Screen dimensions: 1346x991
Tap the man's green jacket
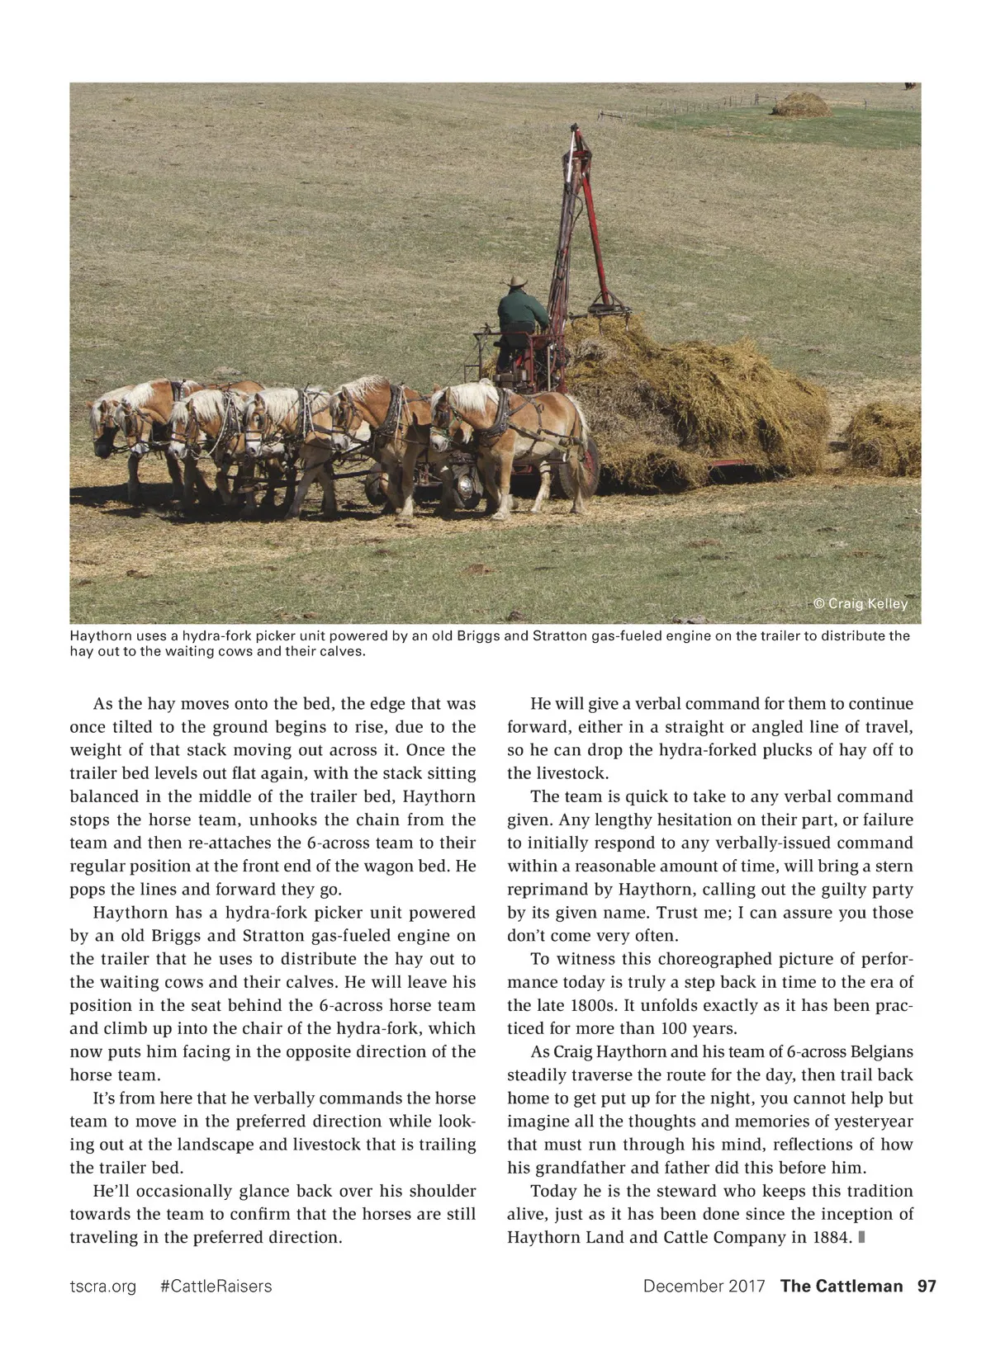coord(521,310)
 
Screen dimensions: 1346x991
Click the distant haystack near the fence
coord(799,105)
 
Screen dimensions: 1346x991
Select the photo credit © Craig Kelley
coord(861,603)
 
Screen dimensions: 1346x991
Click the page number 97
coord(927,1286)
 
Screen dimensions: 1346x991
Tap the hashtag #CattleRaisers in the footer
coord(216,1286)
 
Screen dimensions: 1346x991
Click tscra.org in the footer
coord(102,1286)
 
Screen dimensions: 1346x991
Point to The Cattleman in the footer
coord(841,1286)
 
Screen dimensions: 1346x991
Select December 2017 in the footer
coord(704,1286)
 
